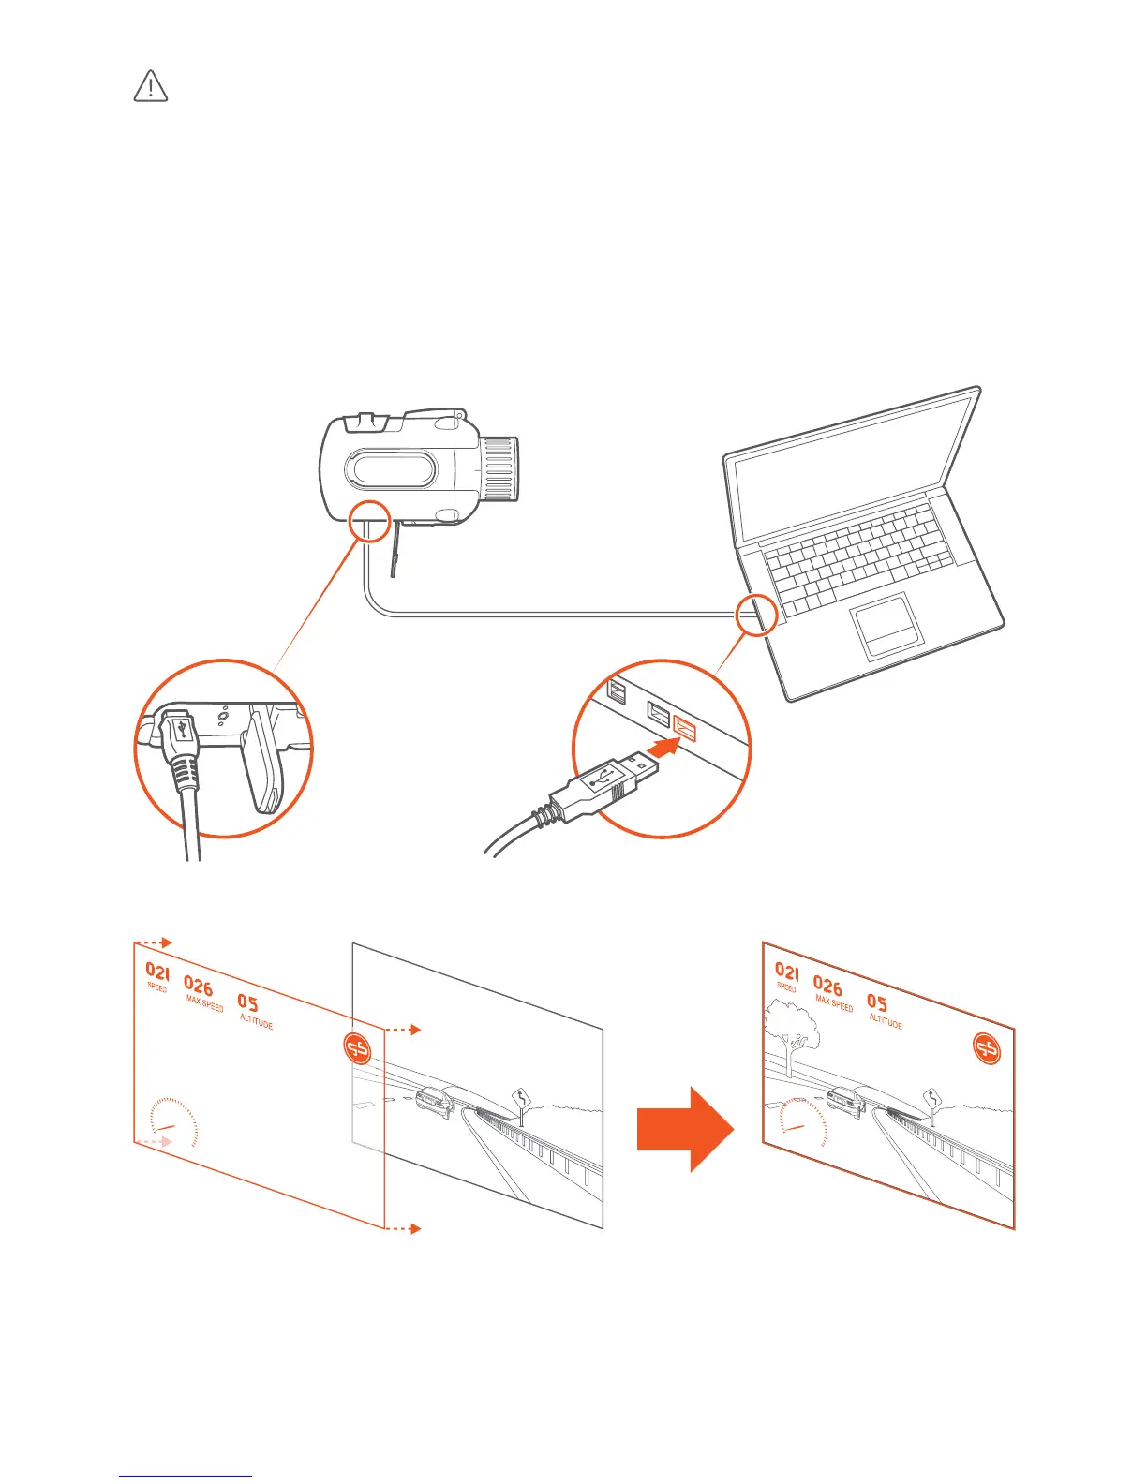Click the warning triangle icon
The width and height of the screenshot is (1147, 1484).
pos(151,86)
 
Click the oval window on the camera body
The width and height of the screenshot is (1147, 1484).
pos(392,468)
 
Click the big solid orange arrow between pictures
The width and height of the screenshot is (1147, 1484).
pos(684,1129)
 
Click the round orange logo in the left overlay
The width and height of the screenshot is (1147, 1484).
pos(357,1048)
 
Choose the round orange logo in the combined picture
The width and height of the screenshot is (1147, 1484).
pos(986,1047)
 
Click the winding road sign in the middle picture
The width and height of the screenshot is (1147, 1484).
pos(521,1097)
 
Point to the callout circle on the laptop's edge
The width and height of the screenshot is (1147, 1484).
pos(756,615)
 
